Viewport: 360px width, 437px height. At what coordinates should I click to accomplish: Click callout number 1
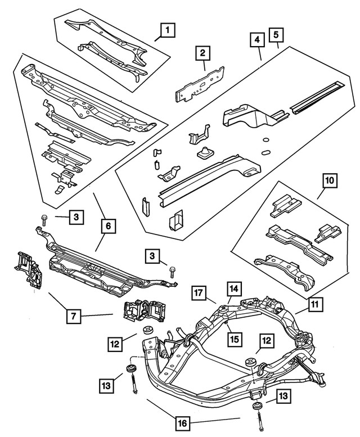point(165,29)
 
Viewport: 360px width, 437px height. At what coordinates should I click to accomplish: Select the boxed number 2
point(203,55)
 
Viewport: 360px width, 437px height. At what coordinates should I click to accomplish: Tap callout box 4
point(256,40)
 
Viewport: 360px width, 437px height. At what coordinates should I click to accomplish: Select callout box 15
point(234,338)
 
